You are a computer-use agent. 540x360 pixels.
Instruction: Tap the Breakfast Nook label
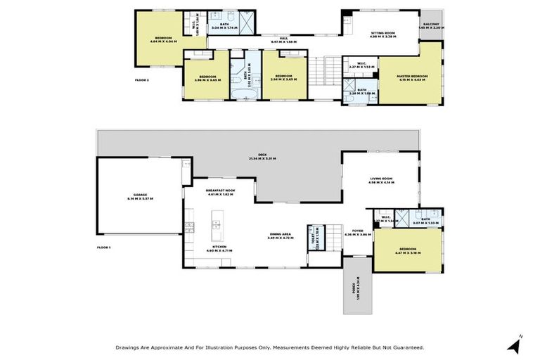click(x=219, y=191)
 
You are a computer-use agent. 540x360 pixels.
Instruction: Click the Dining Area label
click(x=281, y=236)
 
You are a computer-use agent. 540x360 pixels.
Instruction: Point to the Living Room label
click(x=381, y=181)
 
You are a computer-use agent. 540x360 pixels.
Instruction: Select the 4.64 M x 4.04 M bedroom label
click(x=163, y=40)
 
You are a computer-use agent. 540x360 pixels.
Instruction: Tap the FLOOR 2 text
click(x=142, y=80)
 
